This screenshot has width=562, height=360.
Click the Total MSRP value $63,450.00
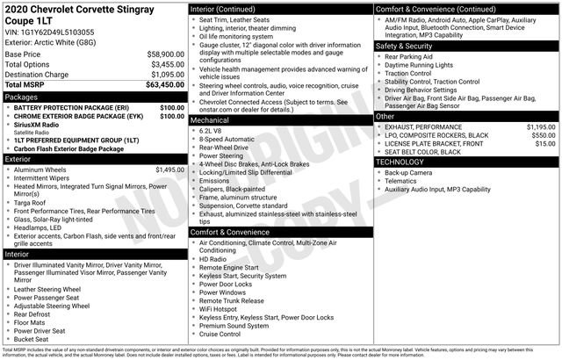click(x=165, y=85)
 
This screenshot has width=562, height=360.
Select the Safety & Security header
click(x=409, y=45)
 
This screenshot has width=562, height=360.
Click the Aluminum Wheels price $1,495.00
click(x=169, y=169)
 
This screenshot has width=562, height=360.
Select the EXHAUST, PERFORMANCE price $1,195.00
click(x=540, y=126)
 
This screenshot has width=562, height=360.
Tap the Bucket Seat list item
click(x=32, y=338)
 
